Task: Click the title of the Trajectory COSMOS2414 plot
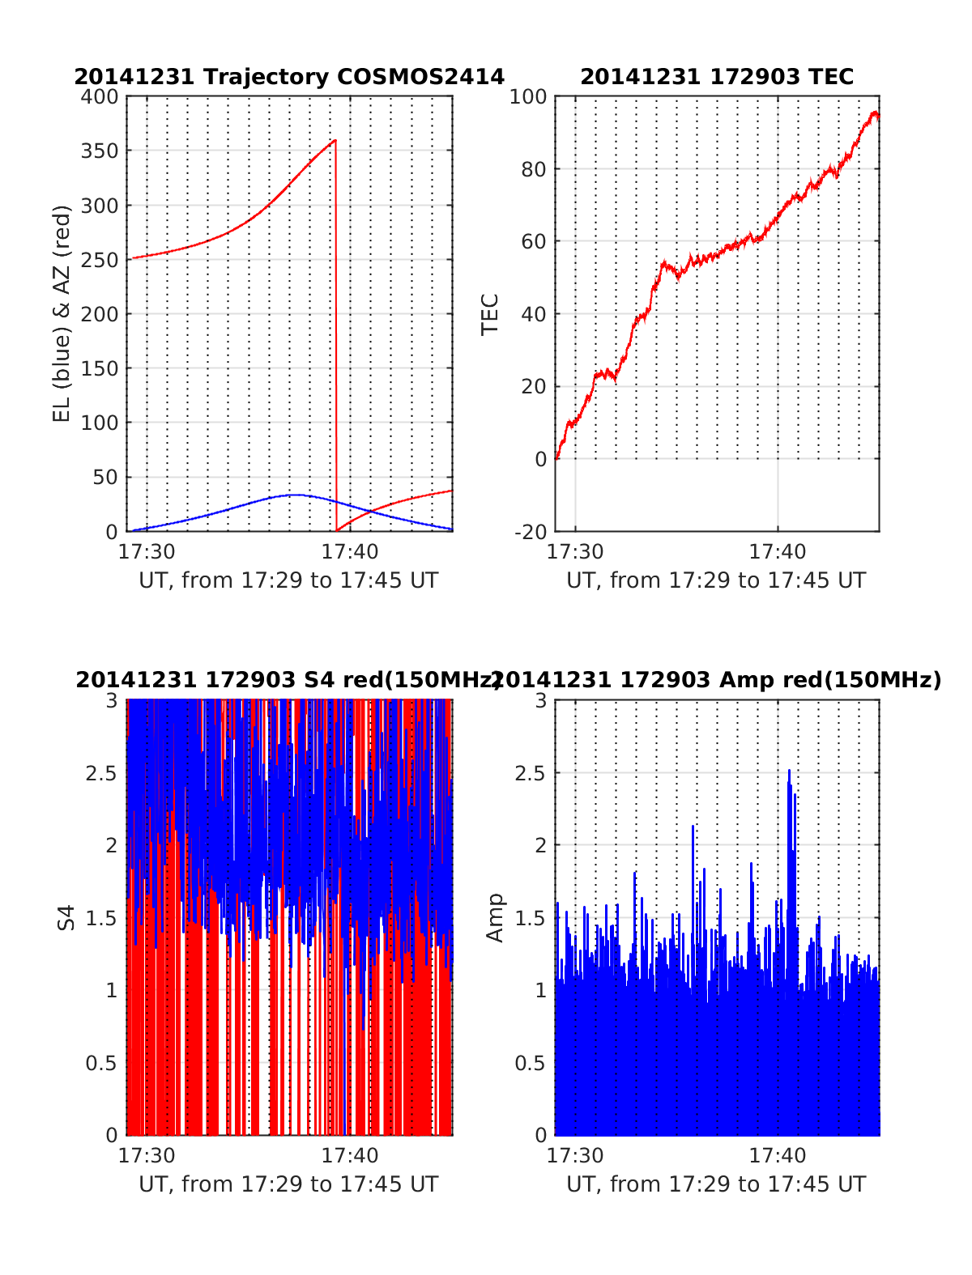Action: pyautogui.click(x=289, y=77)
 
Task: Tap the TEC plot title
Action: pyautogui.click(x=717, y=77)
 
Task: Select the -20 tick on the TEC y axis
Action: pyautogui.click(x=531, y=532)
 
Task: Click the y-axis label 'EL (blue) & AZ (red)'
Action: pyautogui.click(x=62, y=313)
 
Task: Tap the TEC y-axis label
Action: pyautogui.click(x=490, y=314)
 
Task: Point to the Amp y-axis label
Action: pyautogui.click(x=494, y=917)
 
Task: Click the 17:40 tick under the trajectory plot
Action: pyautogui.click(x=350, y=552)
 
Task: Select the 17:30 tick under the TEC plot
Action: pyautogui.click(x=575, y=552)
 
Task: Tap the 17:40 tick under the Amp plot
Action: pyautogui.click(x=778, y=1155)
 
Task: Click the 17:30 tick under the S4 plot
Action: pyautogui.click(x=147, y=1155)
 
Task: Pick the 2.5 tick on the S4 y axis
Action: pyautogui.click(x=101, y=773)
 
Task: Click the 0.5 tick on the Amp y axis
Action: pyautogui.click(x=530, y=1063)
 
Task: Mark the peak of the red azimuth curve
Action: pyautogui.click(x=335, y=140)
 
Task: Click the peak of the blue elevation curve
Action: pyautogui.click(x=296, y=495)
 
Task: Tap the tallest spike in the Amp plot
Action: pyautogui.click(x=789, y=771)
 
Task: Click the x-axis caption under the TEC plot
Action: pyautogui.click(x=716, y=580)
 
